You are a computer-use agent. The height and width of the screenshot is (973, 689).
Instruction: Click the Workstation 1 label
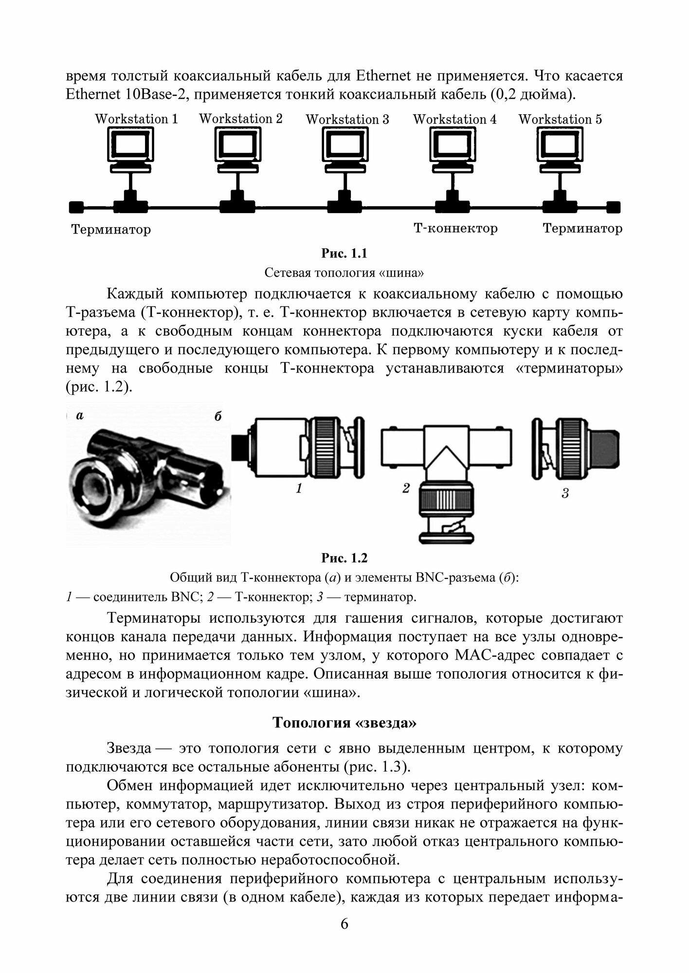coord(136,119)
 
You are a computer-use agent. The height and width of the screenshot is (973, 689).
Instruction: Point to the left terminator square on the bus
coord(75,207)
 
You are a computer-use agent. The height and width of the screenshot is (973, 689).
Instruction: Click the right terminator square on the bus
coord(614,207)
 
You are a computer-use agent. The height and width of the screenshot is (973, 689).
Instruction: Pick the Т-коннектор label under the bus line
coord(455,228)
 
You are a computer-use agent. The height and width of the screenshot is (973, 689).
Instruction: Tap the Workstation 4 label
coord(455,119)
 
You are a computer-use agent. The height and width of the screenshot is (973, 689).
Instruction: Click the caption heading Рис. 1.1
coord(344,253)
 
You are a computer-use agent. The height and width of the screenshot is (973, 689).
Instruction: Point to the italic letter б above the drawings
coord(218,416)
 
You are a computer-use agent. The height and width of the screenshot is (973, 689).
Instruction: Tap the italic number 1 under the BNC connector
coord(300,488)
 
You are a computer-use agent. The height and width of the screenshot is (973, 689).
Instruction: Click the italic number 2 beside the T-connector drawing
coord(406,488)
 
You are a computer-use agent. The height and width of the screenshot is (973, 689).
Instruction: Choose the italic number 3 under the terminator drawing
coord(564,494)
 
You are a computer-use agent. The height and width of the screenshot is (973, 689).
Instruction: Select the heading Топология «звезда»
coord(344,722)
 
